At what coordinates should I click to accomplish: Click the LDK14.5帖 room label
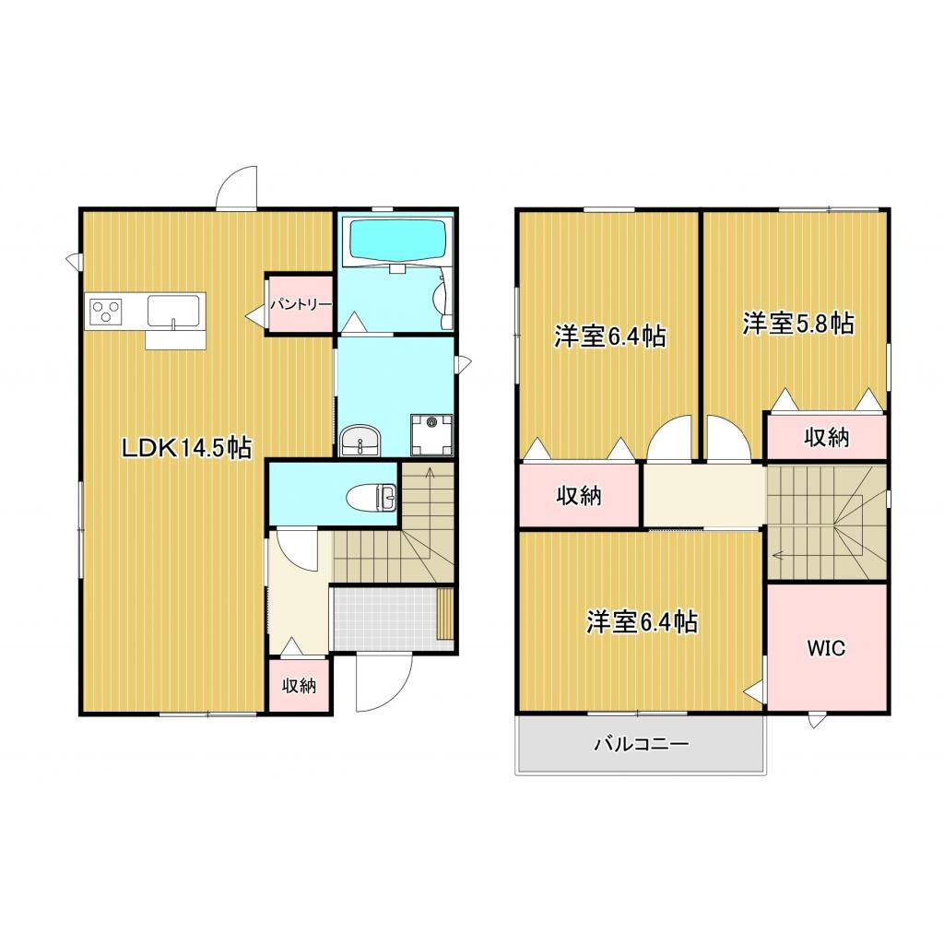pos(187,448)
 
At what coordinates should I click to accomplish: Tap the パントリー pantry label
pos(300,303)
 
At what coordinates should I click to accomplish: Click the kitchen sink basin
pos(175,311)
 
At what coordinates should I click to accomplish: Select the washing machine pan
pos(431,432)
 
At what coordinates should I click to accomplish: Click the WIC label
pos(826,648)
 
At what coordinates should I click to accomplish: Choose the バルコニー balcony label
pos(641,743)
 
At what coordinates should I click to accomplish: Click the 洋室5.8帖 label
pos(797,324)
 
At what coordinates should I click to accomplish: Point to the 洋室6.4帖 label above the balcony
pos(641,623)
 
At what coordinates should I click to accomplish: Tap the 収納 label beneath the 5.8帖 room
pos(825,438)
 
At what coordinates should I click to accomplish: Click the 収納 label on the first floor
pos(299,686)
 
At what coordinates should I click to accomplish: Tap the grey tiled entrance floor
pos(383,618)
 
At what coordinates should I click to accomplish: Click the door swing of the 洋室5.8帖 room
pos(728,439)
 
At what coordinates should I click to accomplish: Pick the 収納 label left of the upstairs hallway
pos(578,496)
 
